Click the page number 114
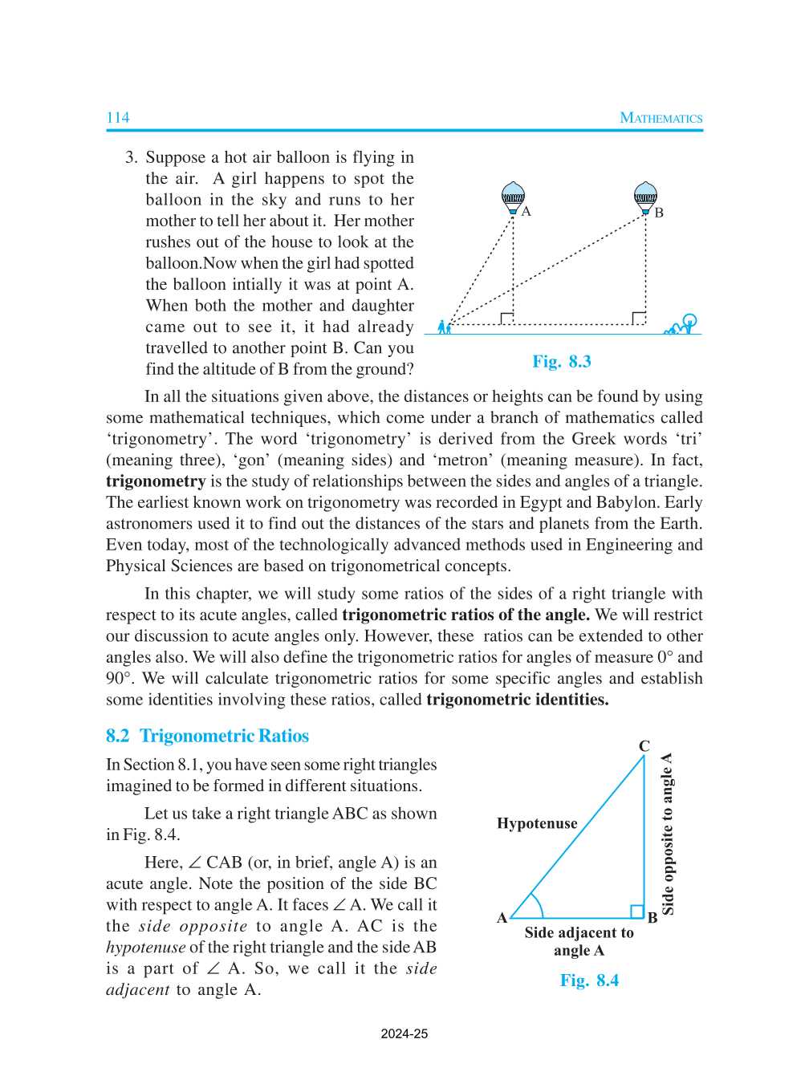coord(118,118)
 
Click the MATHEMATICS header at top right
coord(661,118)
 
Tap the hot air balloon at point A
coord(513,197)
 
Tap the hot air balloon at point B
coord(645,197)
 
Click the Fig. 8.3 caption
coord(562,361)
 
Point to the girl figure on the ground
coord(443,326)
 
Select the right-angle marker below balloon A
coord(506,319)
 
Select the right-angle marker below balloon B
coord(638,319)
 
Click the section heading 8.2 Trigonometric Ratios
coord(207,736)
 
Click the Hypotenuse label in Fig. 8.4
coord(537,823)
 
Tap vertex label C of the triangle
coord(644,746)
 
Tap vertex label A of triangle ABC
coord(502,918)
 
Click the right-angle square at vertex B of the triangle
coord(637,911)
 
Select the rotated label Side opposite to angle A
coord(667,834)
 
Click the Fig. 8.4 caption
coord(589,980)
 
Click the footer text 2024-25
coord(404,1033)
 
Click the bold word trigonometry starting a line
coord(156,481)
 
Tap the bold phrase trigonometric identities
coord(517,700)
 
